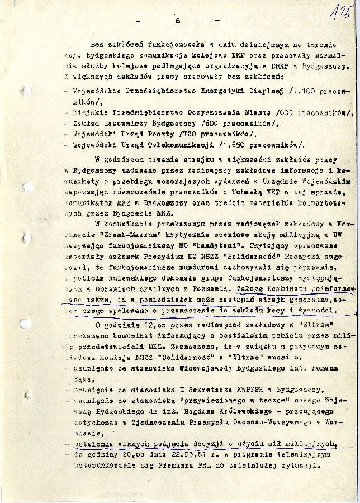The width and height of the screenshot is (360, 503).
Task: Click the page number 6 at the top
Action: (176, 21)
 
